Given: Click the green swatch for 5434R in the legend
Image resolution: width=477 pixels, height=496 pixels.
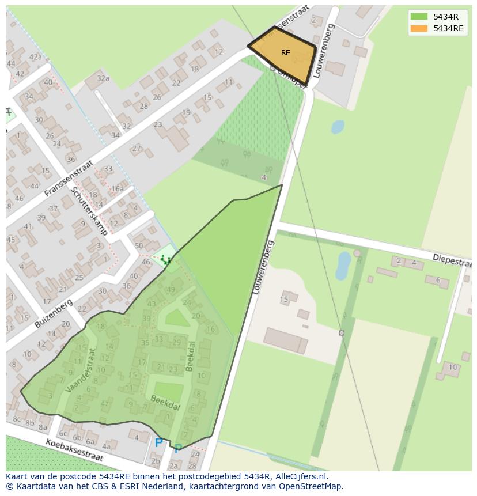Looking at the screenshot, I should click(x=419, y=16).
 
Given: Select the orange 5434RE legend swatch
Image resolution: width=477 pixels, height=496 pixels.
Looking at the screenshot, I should click(x=419, y=28).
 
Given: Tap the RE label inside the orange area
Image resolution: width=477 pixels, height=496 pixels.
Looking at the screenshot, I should click(x=286, y=53).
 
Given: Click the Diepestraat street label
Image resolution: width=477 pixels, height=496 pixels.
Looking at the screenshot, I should click(x=452, y=259).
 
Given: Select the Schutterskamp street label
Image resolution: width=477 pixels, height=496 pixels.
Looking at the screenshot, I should click(x=89, y=211).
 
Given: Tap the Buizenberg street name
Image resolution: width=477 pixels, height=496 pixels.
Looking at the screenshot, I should click(x=54, y=313).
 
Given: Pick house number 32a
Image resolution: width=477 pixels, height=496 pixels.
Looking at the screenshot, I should click(x=103, y=78).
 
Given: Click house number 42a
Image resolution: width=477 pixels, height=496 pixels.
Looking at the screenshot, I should click(x=36, y=57).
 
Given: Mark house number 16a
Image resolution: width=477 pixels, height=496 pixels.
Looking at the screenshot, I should click(x=118, y=188).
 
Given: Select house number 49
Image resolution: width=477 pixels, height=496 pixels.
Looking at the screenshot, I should click(x=171, y=290).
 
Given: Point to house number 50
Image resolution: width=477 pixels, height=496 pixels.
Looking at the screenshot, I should click(x=139, y=246).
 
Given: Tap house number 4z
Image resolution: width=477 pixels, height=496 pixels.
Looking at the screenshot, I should click(x=104, y=403).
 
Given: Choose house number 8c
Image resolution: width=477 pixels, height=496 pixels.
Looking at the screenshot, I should click(x=16, y=419).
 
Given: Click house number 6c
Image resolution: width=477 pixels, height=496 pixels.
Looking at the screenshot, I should click(x=63, y=433).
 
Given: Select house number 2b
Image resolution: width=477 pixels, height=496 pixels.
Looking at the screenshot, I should click(x=156, y=461).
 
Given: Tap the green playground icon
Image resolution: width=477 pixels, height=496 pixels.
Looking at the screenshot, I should click(x=166, y=260).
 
